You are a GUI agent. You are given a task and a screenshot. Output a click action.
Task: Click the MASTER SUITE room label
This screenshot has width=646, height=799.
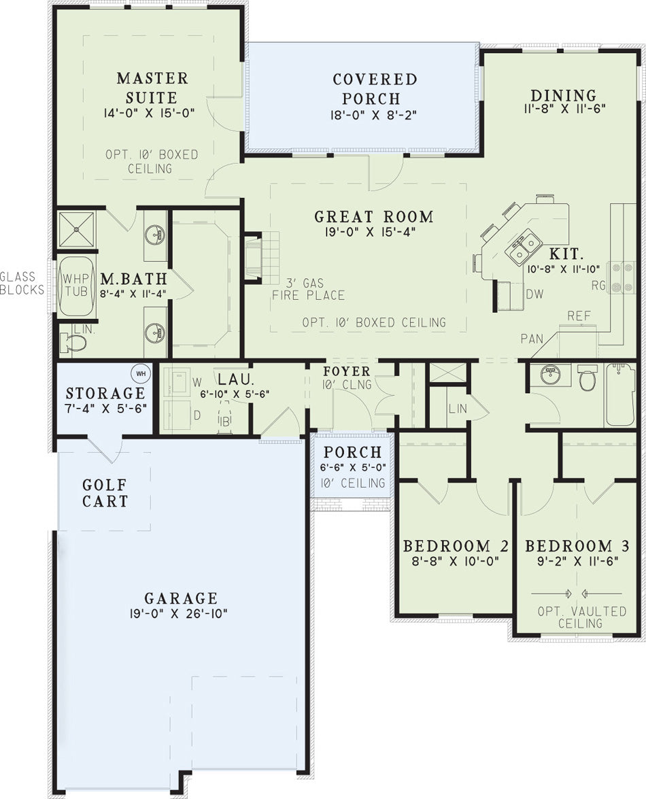click(152, 88)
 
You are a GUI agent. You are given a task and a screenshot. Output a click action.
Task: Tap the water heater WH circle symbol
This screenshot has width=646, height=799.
click(141, 373)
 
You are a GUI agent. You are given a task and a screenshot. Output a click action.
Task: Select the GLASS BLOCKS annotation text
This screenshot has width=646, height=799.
click(22, 283)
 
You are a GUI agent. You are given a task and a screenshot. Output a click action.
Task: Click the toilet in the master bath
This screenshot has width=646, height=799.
click(72, 343)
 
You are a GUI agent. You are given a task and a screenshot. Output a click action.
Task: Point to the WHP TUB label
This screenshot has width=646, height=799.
click(75, 285)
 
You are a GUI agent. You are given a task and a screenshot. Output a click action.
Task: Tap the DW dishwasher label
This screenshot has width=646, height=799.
click(535, 294)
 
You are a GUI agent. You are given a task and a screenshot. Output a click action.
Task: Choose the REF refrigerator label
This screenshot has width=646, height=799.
click(579, 316)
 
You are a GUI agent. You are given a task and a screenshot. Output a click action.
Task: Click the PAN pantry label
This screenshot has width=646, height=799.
click(532, 339)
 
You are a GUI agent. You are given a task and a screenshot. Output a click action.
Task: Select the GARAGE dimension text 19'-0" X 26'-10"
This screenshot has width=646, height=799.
click(178, 613)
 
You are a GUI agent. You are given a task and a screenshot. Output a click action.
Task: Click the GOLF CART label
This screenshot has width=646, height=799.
click(105, 493)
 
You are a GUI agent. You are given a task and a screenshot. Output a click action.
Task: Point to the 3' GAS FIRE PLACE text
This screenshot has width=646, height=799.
click(308, 289)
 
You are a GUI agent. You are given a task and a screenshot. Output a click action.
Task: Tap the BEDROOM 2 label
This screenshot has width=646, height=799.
click(456, 546)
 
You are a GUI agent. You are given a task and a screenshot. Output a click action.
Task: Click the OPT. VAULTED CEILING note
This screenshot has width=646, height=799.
click(581, 617)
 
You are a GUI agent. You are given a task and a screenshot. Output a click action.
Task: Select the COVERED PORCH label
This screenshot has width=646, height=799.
click(375, 88)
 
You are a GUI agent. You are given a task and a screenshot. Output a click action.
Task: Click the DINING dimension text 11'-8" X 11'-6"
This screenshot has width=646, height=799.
click(564, 109)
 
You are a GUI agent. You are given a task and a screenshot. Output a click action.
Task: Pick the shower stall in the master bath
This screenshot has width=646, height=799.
click(76, 229)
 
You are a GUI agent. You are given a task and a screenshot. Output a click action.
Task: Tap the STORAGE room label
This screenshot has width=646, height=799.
click(105, 393)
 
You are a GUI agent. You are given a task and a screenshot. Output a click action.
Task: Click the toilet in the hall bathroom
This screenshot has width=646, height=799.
click(588, 377)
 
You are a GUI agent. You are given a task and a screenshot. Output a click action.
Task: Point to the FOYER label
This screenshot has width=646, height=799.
click(346, 371)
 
